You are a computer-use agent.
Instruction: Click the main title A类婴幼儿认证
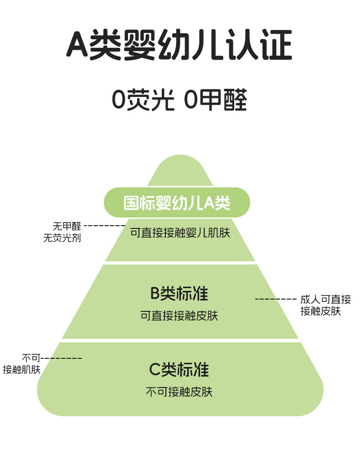180,45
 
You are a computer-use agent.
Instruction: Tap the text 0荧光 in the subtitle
143,100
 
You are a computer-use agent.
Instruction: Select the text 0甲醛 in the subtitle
216,100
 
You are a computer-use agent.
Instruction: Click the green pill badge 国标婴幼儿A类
177,203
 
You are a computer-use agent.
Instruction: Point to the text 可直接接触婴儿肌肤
180,233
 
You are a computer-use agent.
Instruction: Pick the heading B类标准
179,294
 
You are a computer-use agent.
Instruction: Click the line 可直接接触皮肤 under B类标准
179,315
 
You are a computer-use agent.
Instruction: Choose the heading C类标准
179,370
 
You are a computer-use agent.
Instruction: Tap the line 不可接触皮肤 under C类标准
179,391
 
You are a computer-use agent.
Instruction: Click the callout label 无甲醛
67,226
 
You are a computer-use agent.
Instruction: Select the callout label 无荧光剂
62,238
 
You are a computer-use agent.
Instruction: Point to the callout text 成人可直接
325,300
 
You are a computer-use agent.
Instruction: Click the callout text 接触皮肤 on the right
320,311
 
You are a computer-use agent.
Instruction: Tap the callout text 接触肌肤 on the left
21,369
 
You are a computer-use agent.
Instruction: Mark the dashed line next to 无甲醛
104,226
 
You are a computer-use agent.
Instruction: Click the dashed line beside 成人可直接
276,299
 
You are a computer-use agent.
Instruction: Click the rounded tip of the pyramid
180,166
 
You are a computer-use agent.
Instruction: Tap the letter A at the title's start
77,45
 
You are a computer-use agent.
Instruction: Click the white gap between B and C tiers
180,341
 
